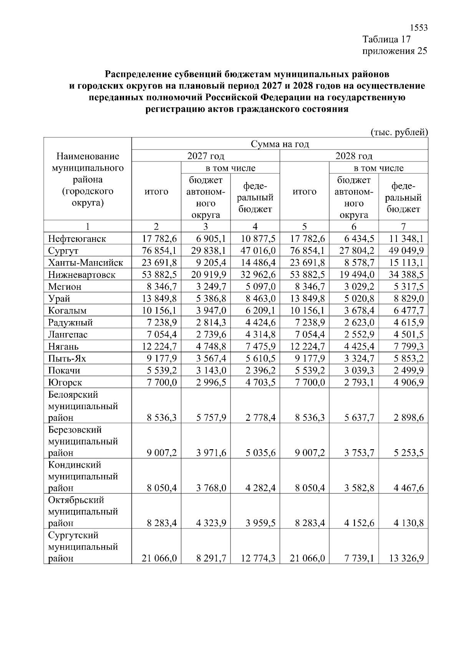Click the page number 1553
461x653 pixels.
coord(419,28)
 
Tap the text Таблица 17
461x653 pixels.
coord(387,39)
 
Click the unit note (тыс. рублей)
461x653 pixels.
coord(399,132)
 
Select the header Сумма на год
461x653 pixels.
coord(280,144)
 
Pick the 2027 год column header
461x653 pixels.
coord(206,156)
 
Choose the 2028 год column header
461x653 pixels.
coord(354,156)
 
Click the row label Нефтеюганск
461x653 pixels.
coord(77,239)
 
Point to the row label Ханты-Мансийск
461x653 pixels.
coord(85,263)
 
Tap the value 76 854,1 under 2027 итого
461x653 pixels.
coord(159,251)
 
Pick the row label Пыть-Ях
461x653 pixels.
coord(67,359)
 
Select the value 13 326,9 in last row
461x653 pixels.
coord(406,558)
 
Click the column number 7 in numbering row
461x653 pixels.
coord(403,227)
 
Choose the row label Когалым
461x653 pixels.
coord(67,311)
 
